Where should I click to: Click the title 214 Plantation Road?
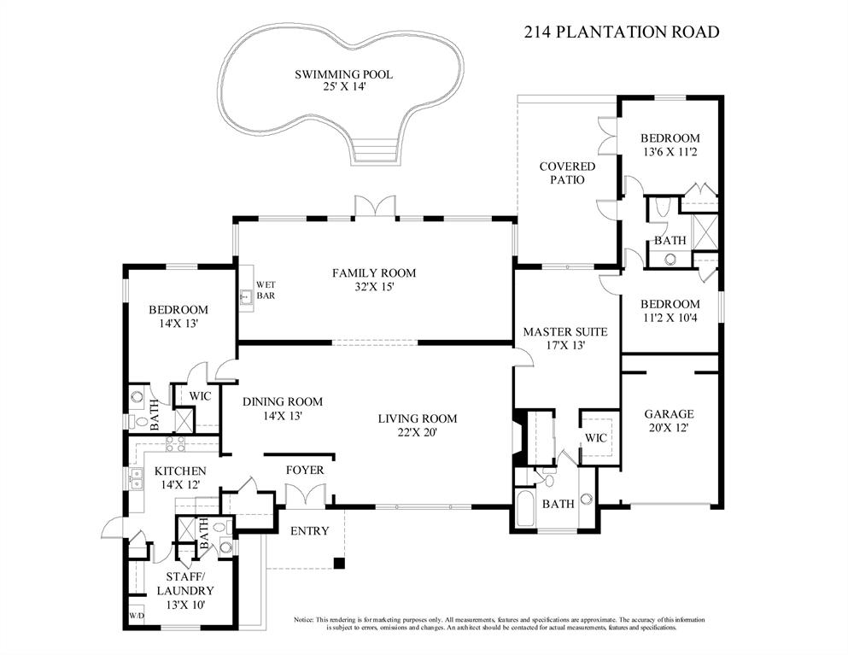[622, 32]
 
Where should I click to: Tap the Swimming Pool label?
[344, 74]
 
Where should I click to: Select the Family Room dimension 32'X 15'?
[374, 287]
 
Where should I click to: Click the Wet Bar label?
[266, 289]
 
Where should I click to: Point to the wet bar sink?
[246, 296]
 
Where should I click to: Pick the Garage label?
[669, 414]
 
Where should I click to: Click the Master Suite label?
[565, 331]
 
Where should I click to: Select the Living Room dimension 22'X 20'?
[417, 433]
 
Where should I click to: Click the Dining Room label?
[283, 402]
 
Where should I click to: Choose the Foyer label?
[305, 471]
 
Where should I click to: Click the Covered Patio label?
[567, 173]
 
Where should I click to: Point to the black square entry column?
[338, 563]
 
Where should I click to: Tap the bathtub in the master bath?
[525, 507]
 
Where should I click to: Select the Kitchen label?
[180, 471]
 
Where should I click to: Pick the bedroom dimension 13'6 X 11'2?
[670, 152]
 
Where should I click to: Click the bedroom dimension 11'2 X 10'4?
[670, 318]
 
